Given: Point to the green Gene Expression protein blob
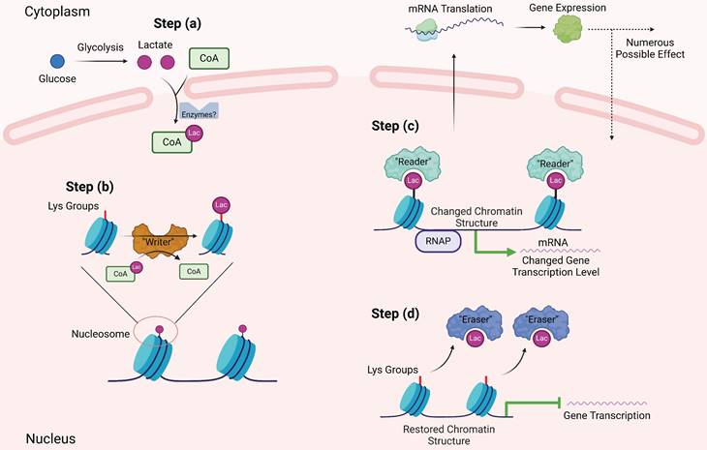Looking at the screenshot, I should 569,32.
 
